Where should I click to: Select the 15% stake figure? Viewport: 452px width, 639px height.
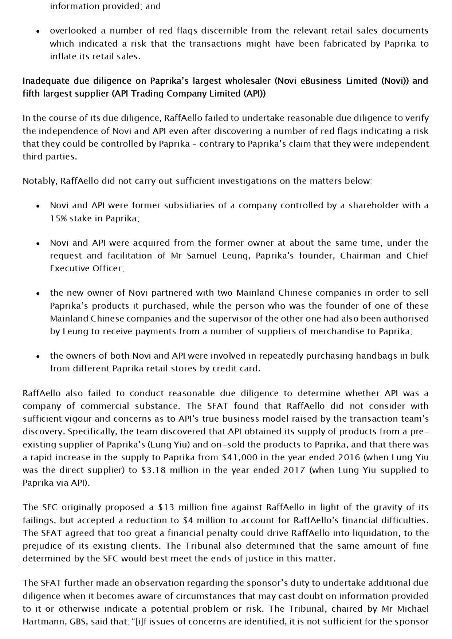click(x=57, y=218)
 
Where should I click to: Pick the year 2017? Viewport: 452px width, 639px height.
click(x=294, y=470)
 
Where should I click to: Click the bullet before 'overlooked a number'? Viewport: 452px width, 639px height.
click(x=38, y=31)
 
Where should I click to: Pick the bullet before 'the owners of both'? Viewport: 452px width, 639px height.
click(x=38, y=356)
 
